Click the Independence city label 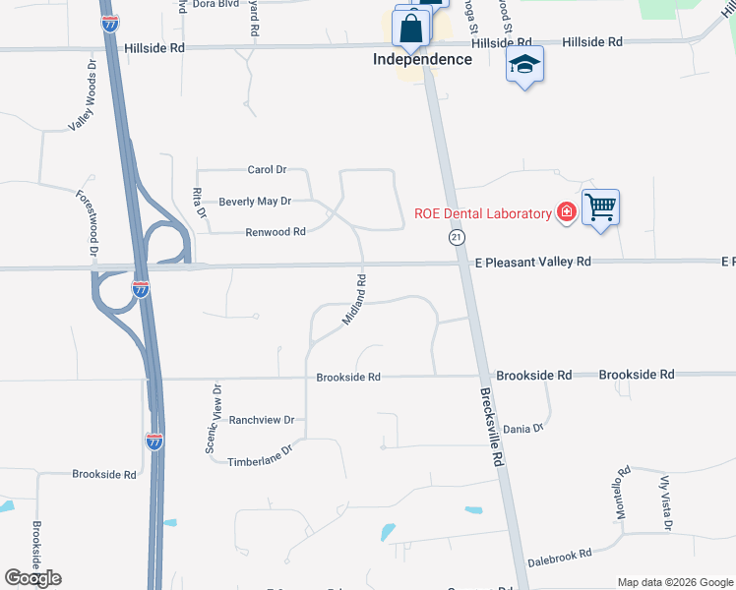click(422, 59)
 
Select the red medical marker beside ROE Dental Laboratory click(566, 212)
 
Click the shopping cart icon click(600, 207)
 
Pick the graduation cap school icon click(524, 65)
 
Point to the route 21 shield click(457, 238)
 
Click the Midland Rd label click(354, 300)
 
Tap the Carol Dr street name click(266, 170)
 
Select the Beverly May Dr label click(255, 202)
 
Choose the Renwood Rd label click(276, 232)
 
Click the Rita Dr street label click(200, 204)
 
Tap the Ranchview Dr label click(262, 420)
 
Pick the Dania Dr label click(522, 429)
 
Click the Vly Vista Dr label click(665, 501)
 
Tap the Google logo click(33, 577)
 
